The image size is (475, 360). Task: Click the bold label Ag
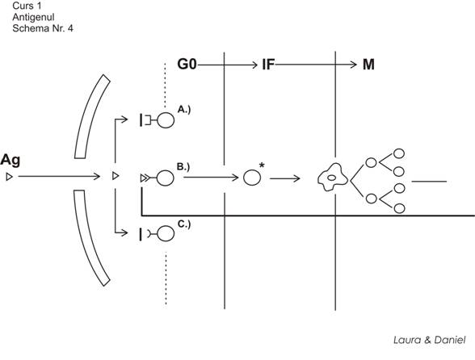pos(11,161)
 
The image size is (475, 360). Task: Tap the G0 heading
pos(187,65)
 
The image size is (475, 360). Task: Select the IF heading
pos(268,65)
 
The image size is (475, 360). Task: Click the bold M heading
pos(368,65)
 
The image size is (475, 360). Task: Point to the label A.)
pos(184,109)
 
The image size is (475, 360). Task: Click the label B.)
pos(183,167)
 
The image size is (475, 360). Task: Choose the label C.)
pos(184,224)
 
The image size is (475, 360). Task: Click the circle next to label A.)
pos(166,120)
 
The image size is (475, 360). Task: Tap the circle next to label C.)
pos(166,233)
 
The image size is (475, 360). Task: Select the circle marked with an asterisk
pos(252,178)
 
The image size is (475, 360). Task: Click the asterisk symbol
pos(262,165)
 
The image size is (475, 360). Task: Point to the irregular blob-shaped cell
pos(333,178)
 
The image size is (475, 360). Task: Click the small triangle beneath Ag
pos(10,177)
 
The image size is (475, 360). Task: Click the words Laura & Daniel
pos(430,340)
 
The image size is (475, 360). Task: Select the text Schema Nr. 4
pos(43,28)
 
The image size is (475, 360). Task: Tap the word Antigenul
pos(33,17)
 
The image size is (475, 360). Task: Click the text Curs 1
pos(27,6)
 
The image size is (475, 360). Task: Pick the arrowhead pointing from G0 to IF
pos(254,65)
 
